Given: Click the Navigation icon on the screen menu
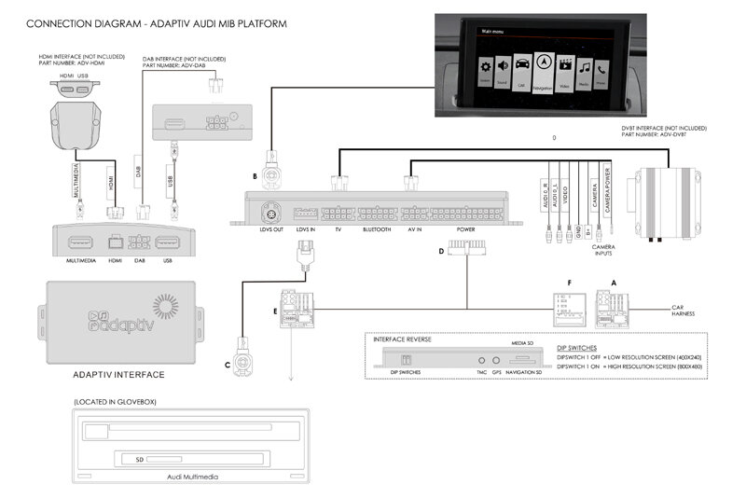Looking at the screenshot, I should point(543,68).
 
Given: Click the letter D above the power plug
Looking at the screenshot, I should point(439,250).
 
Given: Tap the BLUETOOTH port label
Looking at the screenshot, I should point(376,228).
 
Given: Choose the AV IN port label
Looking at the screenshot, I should point(414,228).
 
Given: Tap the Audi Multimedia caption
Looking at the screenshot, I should point(190,477).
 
